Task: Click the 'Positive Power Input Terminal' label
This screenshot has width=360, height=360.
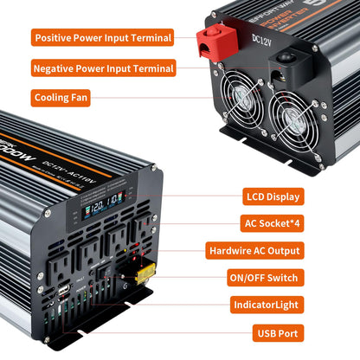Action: pos(102,37)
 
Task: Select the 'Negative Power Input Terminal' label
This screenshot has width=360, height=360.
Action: pos(102,67)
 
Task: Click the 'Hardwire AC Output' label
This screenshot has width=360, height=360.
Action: pos(255,250)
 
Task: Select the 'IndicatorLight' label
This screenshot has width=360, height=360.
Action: pos(267,305)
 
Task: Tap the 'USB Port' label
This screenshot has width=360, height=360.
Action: pos(276,332)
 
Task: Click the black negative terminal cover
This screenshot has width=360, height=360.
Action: pos(284,57)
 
